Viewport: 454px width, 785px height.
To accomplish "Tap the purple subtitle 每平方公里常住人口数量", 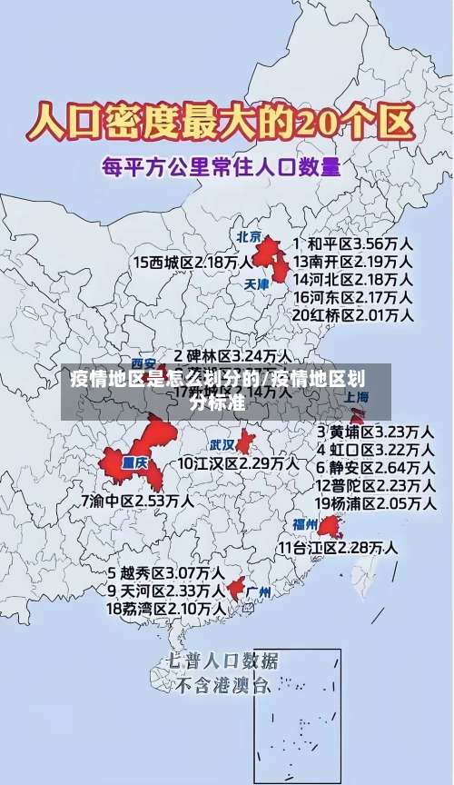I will (x=222, y=167).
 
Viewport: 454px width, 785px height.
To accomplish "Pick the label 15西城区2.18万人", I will (x=192, y=262).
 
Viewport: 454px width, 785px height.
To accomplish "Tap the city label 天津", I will (x=257, y=284).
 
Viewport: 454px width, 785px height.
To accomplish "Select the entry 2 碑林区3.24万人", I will (x=233, y=355).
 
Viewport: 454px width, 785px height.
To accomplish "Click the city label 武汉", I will (x=222, y=445).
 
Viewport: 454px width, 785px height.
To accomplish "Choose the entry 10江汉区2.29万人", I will (x=238, y=463).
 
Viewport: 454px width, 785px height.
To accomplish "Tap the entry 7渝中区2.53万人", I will (x=136, y=501).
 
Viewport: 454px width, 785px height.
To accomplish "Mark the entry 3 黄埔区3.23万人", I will (x=374, y=431).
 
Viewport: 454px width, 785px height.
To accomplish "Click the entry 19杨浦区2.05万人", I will (x=374, y=503).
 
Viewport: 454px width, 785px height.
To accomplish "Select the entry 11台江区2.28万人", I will (x=337, y=548).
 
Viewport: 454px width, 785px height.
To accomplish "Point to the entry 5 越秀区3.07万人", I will (x=166, y=573).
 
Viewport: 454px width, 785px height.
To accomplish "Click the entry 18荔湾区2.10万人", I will (x=166, y=609).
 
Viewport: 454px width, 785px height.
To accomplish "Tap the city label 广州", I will (x=259, y=592).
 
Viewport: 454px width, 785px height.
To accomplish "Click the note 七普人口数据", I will (x=223, y=661).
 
